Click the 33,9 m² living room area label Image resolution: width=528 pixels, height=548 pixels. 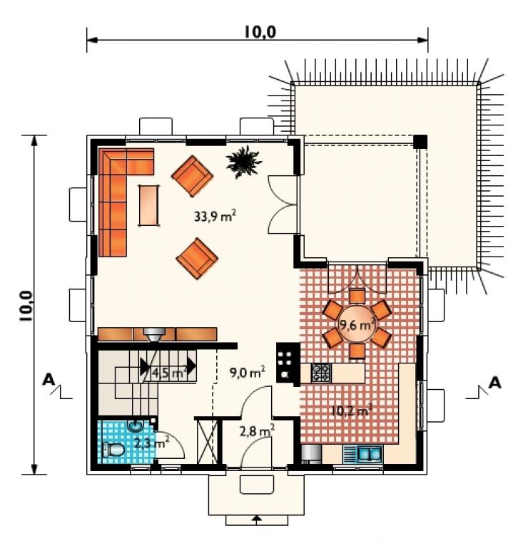215,216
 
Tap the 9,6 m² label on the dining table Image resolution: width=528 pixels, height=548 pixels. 357,325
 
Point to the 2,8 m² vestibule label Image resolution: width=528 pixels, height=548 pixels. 257,431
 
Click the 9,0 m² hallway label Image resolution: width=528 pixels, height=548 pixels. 247,372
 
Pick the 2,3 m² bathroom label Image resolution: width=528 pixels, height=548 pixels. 151,443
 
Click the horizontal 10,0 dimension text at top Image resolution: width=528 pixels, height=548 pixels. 260,32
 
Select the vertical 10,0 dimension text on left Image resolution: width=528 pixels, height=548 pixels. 26,306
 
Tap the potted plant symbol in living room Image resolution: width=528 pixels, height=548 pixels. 243,162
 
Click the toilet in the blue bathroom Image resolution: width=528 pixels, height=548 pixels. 113,450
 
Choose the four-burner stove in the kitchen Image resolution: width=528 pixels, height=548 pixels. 321,373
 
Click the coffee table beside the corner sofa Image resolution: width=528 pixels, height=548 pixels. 148,205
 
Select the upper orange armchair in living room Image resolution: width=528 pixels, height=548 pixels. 192,176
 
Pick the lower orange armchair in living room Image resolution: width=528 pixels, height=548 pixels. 197,259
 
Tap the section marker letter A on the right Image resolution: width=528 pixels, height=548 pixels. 494,383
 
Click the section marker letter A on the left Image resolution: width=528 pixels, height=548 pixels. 49,379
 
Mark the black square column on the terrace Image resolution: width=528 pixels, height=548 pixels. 420,142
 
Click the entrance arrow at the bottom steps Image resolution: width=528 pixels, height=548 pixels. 257,519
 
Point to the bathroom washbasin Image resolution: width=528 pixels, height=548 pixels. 135,425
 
